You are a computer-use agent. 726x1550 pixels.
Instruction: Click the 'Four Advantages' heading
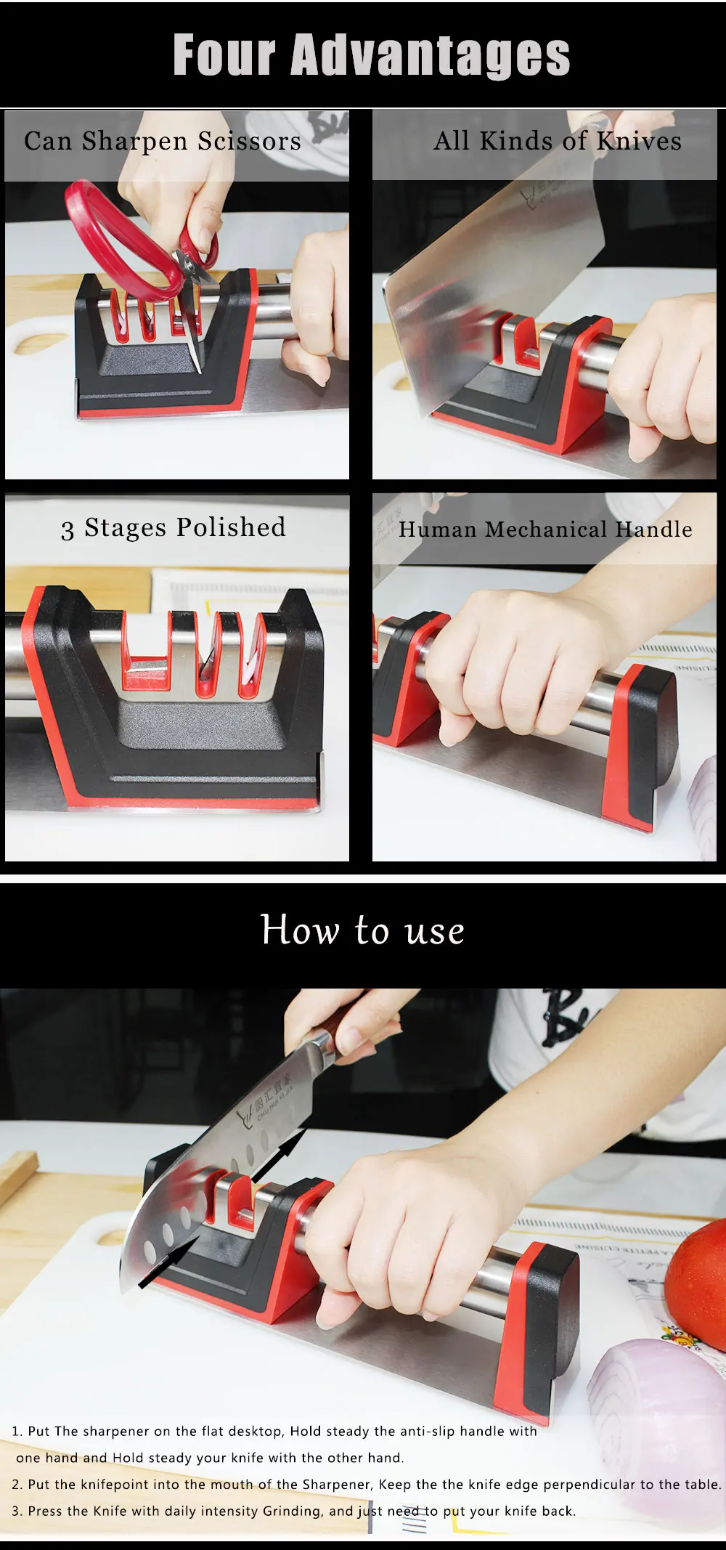tap(372, 55)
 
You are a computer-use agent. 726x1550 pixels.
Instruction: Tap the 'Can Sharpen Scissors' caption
tap(163, 141)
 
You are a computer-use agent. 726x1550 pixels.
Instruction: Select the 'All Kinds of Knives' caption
tap(558, 140)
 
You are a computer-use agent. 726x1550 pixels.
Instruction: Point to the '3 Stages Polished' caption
tap(174, 527)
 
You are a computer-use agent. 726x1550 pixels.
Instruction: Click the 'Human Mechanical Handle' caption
tap(545, 529)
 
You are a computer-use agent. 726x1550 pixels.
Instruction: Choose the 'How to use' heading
tap(362, 930)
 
